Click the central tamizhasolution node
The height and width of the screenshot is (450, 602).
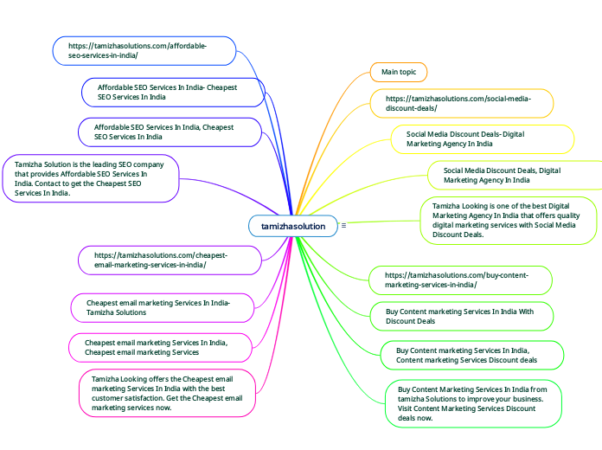(x=293, y=226)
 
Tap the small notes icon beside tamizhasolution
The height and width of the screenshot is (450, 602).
(x=343, y=226)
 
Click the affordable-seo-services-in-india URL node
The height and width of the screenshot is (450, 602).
(x=144, y=50)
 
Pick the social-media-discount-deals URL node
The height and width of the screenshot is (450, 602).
(x=461, y=104)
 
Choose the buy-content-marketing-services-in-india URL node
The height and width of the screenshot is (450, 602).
(x=460, y=280)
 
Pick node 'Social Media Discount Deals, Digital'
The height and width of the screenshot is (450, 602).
(x=515, y=176)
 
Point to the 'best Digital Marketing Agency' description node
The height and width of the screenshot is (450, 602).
(x=509, y=220)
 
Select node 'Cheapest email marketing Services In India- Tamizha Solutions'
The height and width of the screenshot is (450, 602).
(x=162, y=307)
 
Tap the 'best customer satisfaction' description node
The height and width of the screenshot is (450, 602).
(x=167, y=393)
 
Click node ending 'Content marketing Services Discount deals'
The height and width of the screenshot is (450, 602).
(x=472, y=355)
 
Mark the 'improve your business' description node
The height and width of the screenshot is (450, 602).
(x=472, y=403)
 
